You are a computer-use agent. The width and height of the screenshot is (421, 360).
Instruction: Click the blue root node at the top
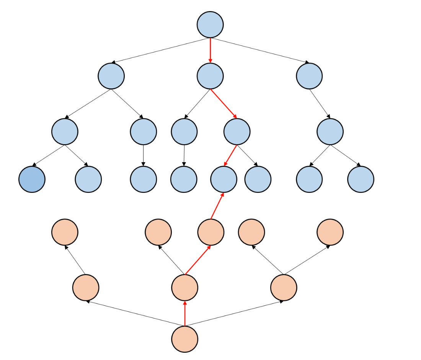click(x=210, y=25)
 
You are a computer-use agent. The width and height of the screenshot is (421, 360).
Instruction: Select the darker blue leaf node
click(x=32, y=179)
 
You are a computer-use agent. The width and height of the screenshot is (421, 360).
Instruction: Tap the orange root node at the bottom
click(x=185, y=339)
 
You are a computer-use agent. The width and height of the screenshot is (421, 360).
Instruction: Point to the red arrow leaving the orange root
click(x=185, y=313)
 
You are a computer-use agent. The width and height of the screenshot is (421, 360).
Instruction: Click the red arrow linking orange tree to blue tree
click(x=217, y=206)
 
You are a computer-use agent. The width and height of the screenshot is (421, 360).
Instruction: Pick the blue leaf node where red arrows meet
click(x=224, y=179)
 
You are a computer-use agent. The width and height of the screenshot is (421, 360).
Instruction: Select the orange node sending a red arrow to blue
click(x=211, y=232)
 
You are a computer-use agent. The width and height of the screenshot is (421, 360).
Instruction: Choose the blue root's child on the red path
click(x=210, y=76)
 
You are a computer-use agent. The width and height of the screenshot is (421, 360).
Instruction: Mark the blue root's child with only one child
click(x=309, y=76)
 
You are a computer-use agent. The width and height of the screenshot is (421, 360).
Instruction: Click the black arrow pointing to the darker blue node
click(x=49, y=155)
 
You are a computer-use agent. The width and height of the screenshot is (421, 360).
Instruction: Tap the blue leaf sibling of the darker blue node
click(x=88, y=179)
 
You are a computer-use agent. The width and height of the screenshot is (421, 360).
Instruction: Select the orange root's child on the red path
click(x=185, y=287)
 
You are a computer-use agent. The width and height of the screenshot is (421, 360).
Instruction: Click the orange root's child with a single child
click(x=86, y=287)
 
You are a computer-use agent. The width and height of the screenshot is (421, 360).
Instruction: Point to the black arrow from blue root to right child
click(x=260, y=50)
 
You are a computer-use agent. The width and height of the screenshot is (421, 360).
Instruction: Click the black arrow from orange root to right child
click(x=234, y=313)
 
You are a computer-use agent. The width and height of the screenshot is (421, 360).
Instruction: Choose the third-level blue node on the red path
click(x=237, y=132)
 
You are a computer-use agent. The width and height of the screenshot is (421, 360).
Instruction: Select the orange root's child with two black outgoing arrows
click(x=284, y=287)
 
